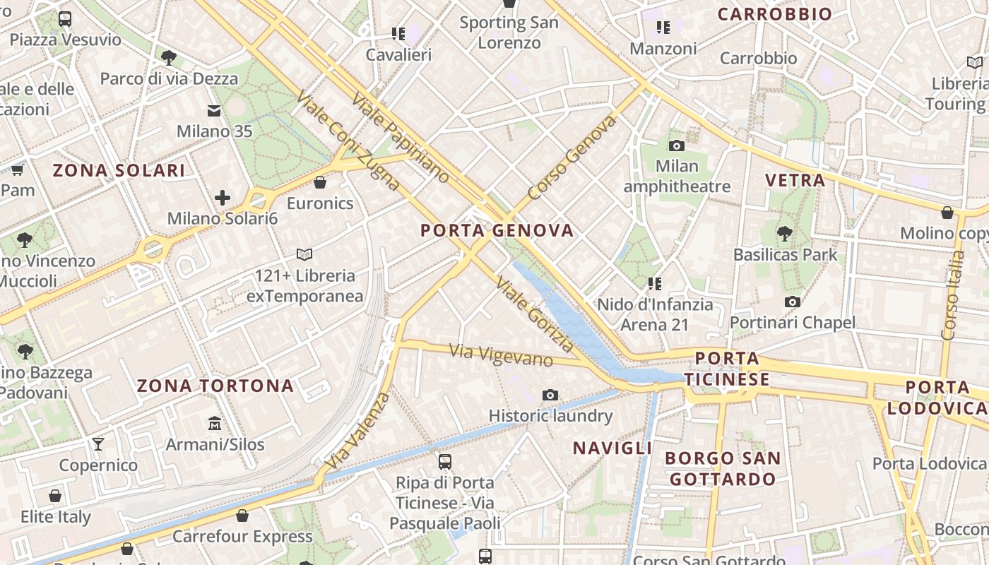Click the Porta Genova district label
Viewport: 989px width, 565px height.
click(x=497, y=230)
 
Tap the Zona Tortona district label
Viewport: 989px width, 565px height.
click(x=215, y=386)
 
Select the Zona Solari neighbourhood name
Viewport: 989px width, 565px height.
click(x=119, y=170)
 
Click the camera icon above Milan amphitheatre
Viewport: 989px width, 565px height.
click(x=677, y=146)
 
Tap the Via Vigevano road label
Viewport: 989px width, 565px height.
click(x=502, y=355)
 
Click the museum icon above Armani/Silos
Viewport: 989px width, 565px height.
click(x=215, y=424)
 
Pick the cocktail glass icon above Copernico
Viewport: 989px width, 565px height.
click(x=98, y=444)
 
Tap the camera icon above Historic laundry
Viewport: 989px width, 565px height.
click(x=550, y=395)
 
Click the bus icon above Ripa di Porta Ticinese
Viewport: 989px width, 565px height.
click(x=445, y=462)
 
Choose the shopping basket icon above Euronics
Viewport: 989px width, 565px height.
click(x=320, y=182)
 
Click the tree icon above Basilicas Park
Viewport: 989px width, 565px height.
click(x=785, y=233)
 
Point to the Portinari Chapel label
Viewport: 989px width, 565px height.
click(x=793, y=323)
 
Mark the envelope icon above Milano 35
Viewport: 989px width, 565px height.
click(x=214, y=111)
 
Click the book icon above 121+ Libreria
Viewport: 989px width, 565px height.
click(x=304, y=254)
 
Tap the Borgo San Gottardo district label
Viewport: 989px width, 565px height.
click(x=723, y=468)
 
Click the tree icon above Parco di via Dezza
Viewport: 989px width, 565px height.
click(x=168, y=57)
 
